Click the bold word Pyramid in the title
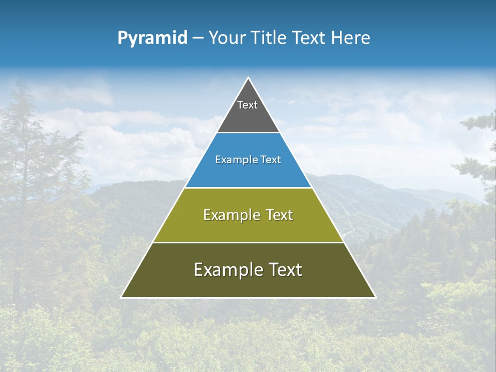point(152,38)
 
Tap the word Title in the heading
point(272,38)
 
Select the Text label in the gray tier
point(247,105)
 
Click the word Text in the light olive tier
point(280,215)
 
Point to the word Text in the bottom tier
point(286,270)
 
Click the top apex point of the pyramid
point(248,78)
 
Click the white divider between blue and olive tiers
point(248,188)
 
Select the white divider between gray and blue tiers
point(248,133)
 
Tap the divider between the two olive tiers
point(248,242)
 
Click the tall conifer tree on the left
point(23,171)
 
